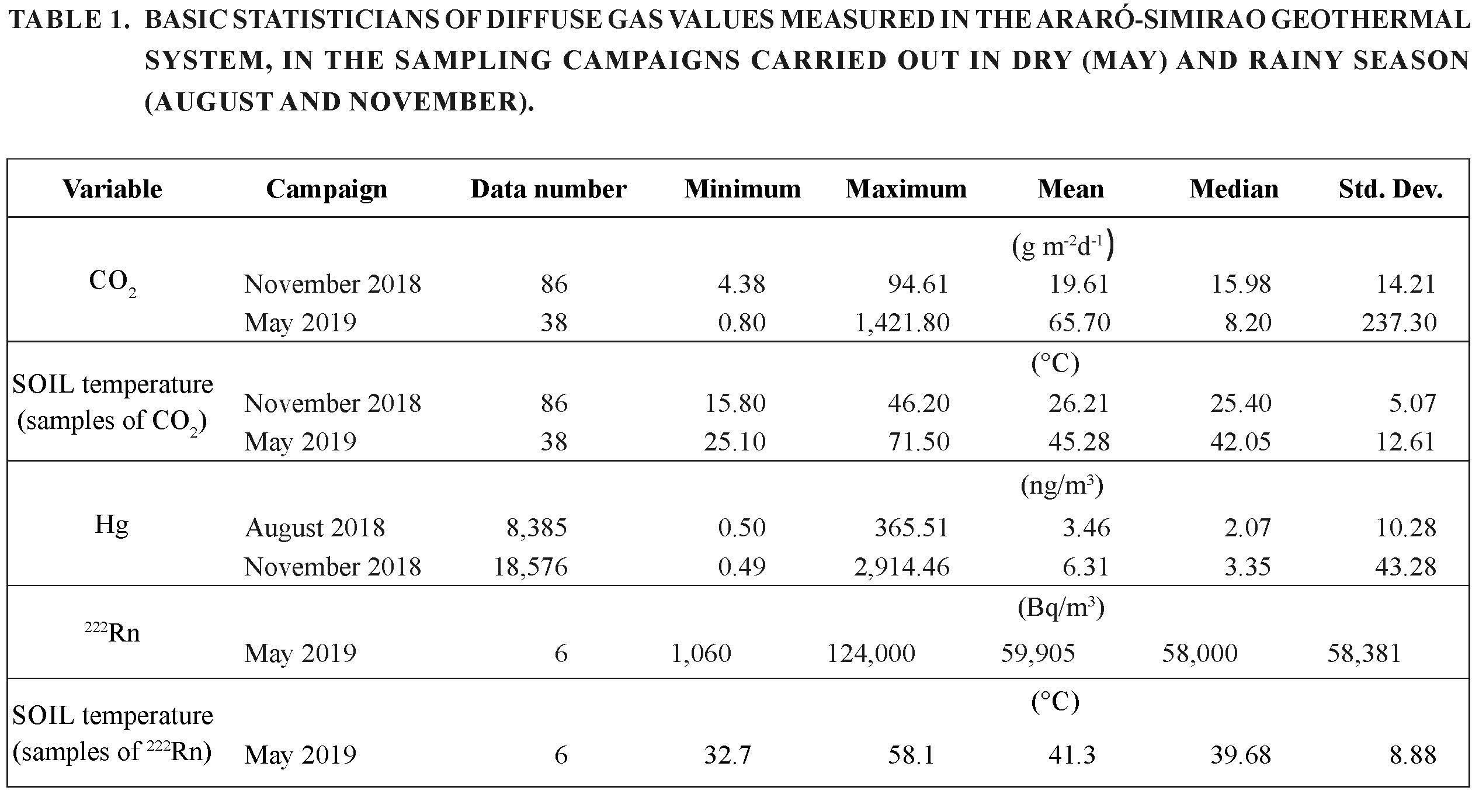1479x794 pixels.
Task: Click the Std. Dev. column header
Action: click(x=1390, y=189)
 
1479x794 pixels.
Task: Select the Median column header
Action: click(x=1234, y=189)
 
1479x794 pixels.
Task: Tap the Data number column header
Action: click(x=548, y=189)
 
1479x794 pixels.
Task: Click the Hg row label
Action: click(x=112, y=525)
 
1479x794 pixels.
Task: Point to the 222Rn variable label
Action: click(x=113, y=632)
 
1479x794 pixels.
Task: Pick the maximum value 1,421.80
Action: click(x=902, y=323)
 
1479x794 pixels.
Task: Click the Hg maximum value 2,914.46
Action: click(x=902, y=567)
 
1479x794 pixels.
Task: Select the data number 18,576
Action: click(x=530, y=567)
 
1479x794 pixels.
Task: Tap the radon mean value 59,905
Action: click(x=1038, y=653)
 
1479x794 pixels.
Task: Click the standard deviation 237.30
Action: click(x=1399, y=323)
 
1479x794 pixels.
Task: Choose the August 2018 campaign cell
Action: click(x=315, y=528)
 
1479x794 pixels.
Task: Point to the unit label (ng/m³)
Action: click(x=1062, y=486)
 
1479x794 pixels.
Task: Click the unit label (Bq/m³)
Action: click(x=1061, y=608)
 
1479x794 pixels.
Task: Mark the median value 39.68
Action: click(x=1241, y=755)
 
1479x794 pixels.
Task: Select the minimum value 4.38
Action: click(x=742, y=284)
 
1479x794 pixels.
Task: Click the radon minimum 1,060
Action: click(x=702, y=653)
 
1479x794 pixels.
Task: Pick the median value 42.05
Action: click(x=1241, y=442)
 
